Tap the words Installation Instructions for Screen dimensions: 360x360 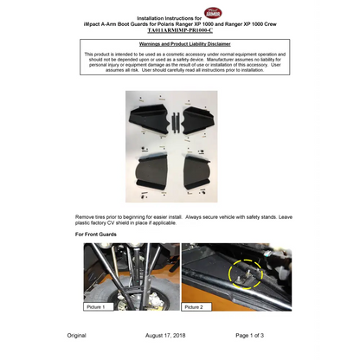pos(172,16)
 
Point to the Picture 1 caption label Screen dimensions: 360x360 pos(96,306)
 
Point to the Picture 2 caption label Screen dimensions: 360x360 pos(195,306)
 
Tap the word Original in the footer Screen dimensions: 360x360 pos(77,335)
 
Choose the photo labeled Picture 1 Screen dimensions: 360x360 pos(132,276)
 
